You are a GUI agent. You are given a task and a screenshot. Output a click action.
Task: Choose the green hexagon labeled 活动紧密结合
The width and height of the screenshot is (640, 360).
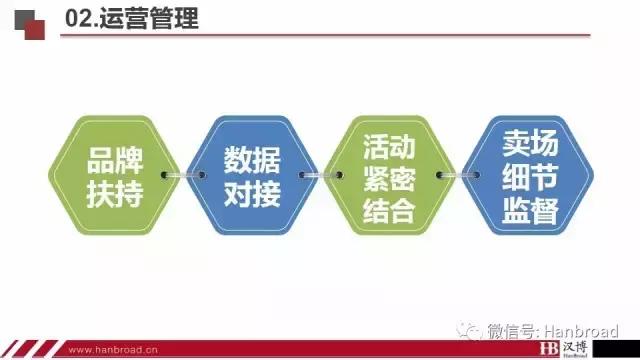pyautogui.click(x=388, y=177)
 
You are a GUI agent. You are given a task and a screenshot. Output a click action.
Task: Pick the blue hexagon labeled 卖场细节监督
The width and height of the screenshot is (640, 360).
pyautogui.click(x=529, y=177)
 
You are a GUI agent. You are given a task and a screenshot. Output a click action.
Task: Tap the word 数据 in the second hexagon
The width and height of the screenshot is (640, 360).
pyautogui.click(x=251, y=160)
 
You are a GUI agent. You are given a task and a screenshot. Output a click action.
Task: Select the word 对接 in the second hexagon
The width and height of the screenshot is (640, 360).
pyautogui.click(x=251, y=194)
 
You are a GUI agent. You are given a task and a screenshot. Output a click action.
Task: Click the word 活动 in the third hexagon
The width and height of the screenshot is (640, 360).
pyautogui.click(x=388, y=148)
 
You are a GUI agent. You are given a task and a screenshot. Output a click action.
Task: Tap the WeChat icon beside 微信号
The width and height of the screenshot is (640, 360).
pyautogui.click(x=468, y=331)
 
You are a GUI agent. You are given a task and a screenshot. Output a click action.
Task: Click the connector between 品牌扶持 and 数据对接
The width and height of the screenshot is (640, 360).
pyautogui.click(x=183, y=178)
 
